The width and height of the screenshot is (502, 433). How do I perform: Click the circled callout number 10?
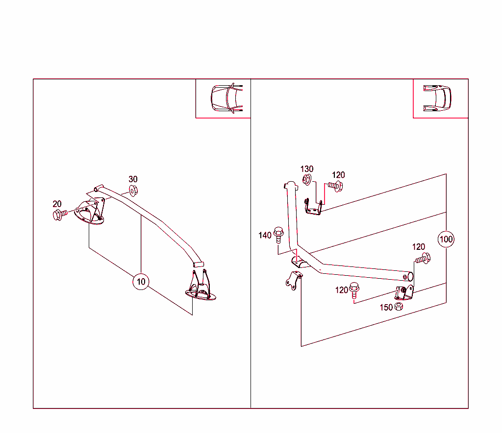tap(141, 282)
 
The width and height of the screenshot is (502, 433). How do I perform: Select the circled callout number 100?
tap(446, 240)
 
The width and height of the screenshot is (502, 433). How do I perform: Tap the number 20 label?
tap(57, 204)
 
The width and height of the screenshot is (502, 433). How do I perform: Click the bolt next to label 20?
tap(58, 215)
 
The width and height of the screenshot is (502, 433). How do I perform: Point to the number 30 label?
tap(133, 179)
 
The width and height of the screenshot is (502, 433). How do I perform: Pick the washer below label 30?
tap(133, 190)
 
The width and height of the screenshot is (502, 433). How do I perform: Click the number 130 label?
tap(307, 169)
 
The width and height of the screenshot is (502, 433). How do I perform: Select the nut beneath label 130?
tap(307, 180)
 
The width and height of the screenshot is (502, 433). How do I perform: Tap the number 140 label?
tap(265, 236)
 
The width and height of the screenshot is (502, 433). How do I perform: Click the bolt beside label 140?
tap(279, 234)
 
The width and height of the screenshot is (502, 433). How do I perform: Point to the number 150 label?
tap(386, 308)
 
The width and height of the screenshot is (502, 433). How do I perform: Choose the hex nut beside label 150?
tap(399, 308)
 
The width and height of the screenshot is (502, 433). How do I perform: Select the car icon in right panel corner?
tap(437, 97)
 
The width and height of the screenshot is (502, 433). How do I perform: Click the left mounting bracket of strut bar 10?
tap(91, 212)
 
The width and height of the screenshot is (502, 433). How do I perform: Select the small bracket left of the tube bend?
tap(293, 280)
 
